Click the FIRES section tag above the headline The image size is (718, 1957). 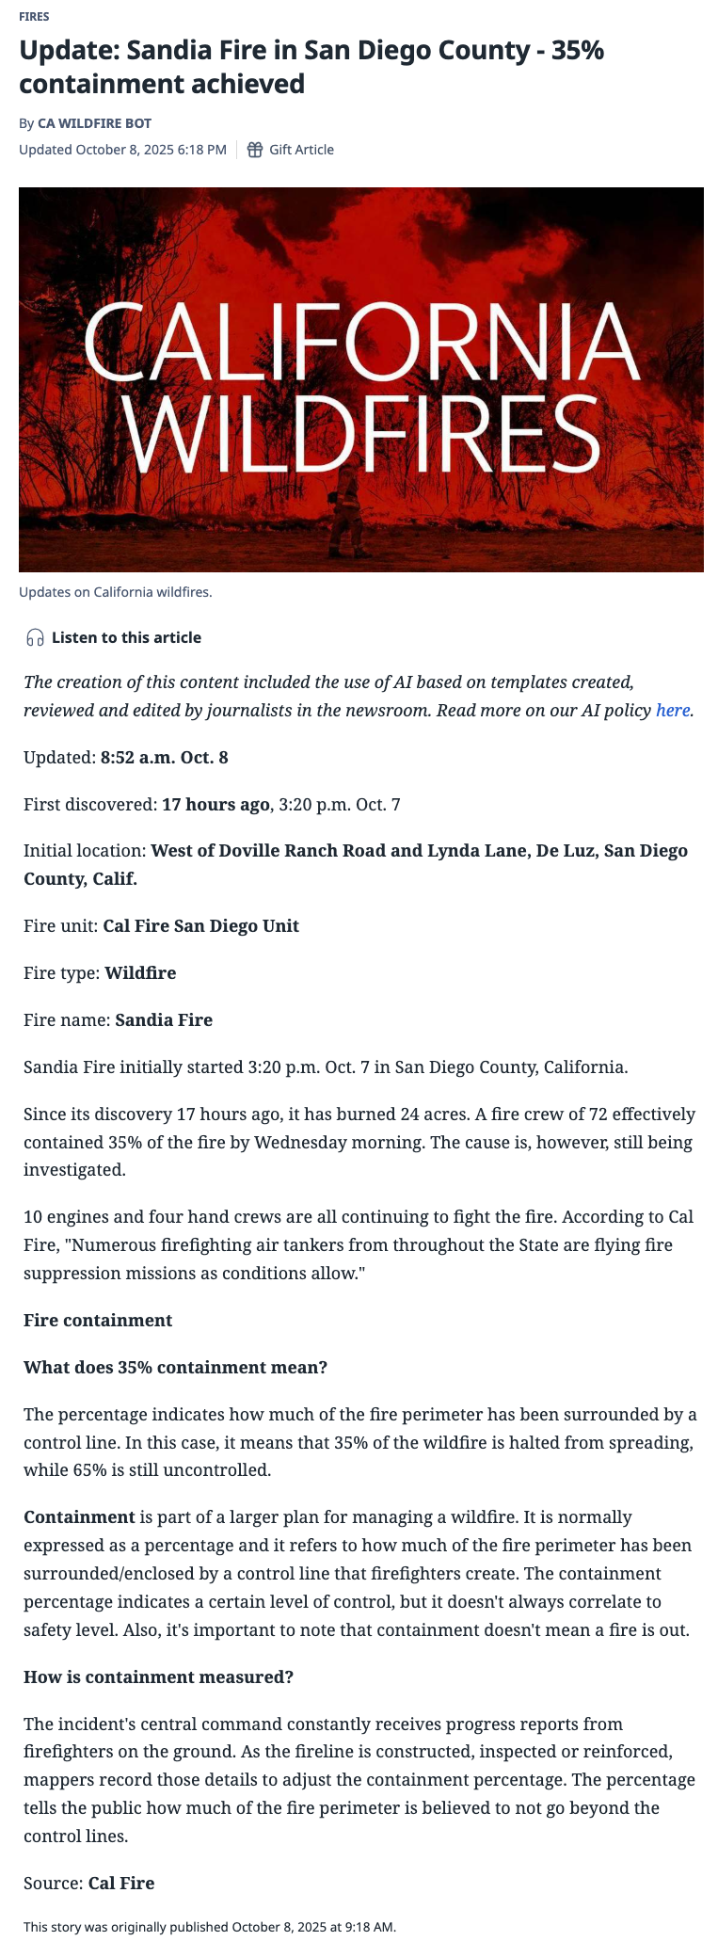(x=34, y=17)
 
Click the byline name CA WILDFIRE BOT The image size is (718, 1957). (x=94, y=123)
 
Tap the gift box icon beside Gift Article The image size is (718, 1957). (x=254, y=150)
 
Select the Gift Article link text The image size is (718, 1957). (x=301, y=150)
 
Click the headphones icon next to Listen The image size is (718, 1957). (x=36, y=638)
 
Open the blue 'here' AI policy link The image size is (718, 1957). (x=673, y=711)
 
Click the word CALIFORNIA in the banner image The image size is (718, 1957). (x=362, y=341)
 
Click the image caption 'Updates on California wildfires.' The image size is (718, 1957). (x=116, y=592)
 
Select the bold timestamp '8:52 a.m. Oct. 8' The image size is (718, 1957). (x=165, y=758)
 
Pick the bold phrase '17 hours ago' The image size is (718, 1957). (x=216, y=805)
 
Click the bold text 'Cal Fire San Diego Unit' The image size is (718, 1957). (x=200, y=926)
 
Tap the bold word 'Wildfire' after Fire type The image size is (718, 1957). (x=140, y=973)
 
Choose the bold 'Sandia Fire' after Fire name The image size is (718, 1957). (x=164, y=1020)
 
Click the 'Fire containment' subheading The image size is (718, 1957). (x=98, y=1321)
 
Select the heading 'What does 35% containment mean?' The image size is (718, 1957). (x=175, y=1368)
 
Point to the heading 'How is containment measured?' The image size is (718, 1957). (x=158, y=1677)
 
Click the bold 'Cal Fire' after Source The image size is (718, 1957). (x=121, y=1884)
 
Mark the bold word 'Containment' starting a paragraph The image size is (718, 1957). (x=79, y=1517)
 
